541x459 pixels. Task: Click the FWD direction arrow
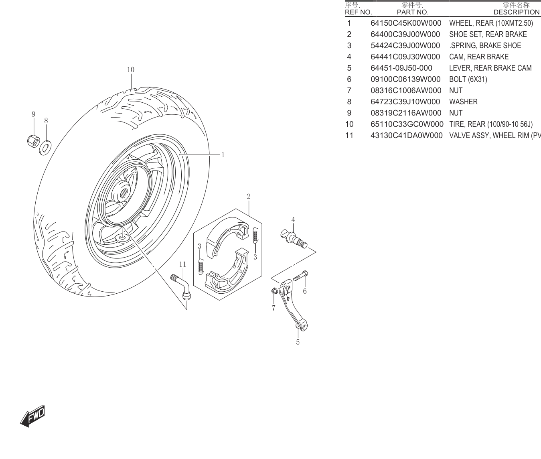(x=33, y=416)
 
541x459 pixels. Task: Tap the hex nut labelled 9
(x=33, y=141)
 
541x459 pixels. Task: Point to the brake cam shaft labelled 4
(x=294, y=239)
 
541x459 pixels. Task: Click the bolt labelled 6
(x=300, y=276)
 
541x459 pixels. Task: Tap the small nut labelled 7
(x=274, y=290)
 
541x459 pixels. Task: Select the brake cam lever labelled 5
(x=293, y=305)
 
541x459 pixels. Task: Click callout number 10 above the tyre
(x=131, y=70)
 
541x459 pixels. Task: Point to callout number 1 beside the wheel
(x=223, y=155)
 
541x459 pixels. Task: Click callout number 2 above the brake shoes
(x=249, y=196)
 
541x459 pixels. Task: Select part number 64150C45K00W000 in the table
(x=406, y=23)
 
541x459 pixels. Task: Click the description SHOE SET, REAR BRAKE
(x=488, y=34)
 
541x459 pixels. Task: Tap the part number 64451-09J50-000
(x=401, y=68)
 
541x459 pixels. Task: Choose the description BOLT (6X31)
(x=468, y=79)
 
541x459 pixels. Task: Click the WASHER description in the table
(x=463, y=102)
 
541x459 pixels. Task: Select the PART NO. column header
(x=413, y=12)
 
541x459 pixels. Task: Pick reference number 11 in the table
(x=349, y=135)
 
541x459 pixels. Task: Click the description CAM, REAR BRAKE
(x=479, y=57)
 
